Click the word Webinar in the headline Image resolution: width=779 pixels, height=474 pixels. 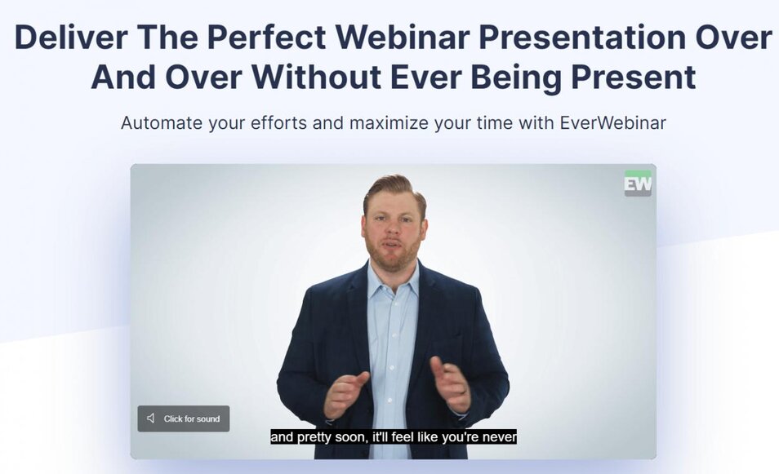(402, 37)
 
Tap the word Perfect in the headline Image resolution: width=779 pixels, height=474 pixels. (266, 37)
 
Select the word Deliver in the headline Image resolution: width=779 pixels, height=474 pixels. (71, 37)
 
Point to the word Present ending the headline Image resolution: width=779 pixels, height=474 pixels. (633, 78)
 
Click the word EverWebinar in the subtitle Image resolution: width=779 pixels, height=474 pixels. (612, 122)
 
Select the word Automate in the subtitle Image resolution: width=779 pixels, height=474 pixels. (162, 122)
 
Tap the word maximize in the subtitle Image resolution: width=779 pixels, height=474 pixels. (389, 122)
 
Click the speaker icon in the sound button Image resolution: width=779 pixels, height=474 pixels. (150, 419)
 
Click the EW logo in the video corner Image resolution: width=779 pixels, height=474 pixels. (638, 184)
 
